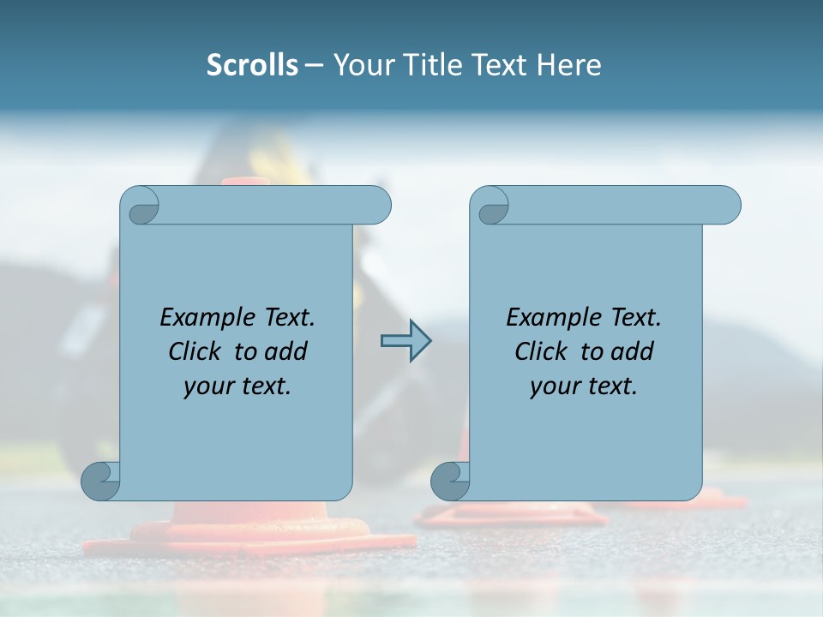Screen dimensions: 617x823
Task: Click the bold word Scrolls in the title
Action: (252, 65)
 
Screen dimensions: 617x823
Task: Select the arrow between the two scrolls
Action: (405, 341)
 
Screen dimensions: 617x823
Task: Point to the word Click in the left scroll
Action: (196, 351)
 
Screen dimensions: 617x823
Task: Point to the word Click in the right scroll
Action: (542, 351)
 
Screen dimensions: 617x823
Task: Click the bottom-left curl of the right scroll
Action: (450, 480)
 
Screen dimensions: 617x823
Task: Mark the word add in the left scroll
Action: (285, 351)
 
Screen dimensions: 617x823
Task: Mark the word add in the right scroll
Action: (632, 351)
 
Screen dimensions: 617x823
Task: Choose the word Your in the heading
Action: (360, 65)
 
